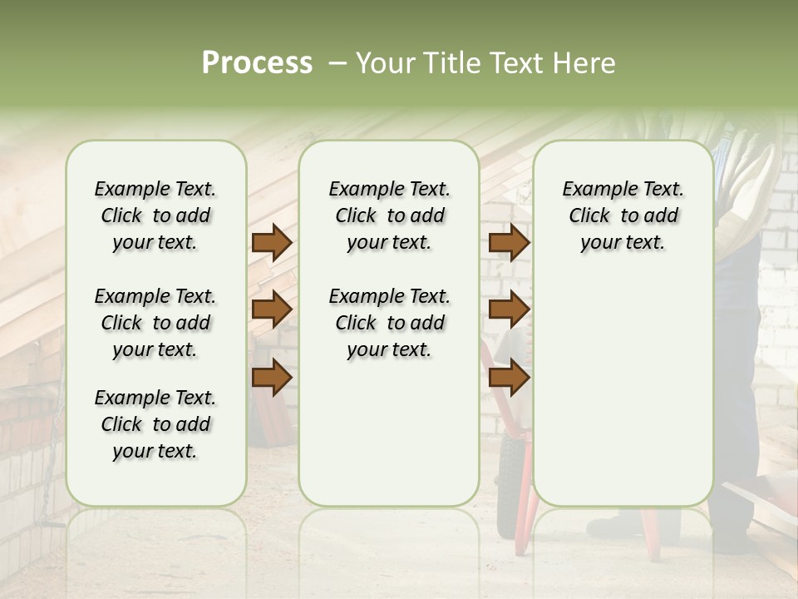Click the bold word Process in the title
point(257,63)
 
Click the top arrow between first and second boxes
point(272,243)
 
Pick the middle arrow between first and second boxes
point(272,309)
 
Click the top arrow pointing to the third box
point(509,243)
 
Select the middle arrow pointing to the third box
point(509,309)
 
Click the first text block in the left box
point(155,215)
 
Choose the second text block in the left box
point(155,323)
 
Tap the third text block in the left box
point(155,424)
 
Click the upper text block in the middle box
point(389,215)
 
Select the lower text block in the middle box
point(389,323)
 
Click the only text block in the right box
point(623,215)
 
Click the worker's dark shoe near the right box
point(619,527)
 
